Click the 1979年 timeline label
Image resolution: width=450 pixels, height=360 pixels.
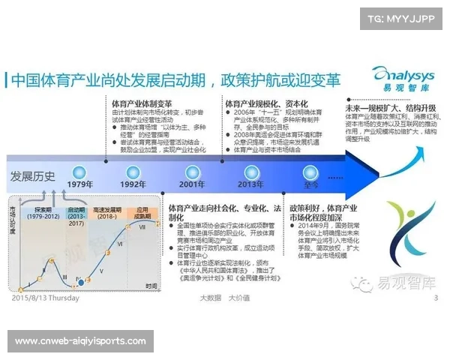tap(80, 184)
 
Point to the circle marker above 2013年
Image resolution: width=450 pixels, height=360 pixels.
tap(250, 169)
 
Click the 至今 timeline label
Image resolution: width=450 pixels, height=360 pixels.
tap(311, 184)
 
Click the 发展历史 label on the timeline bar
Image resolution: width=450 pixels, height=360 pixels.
tap(33, 177)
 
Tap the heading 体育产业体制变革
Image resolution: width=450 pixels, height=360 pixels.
tap(142, 103)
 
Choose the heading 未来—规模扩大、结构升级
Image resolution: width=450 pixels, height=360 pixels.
tap(390, 108)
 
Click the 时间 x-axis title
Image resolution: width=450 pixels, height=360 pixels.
tap(152, 286)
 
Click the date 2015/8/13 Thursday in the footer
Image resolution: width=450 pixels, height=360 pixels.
tap(43, 298)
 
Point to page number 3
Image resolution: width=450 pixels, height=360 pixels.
tap(436, 298)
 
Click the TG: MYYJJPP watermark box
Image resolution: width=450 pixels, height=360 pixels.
tap(401, 18)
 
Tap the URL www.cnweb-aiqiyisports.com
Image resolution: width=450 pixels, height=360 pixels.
tap(80, 341)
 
